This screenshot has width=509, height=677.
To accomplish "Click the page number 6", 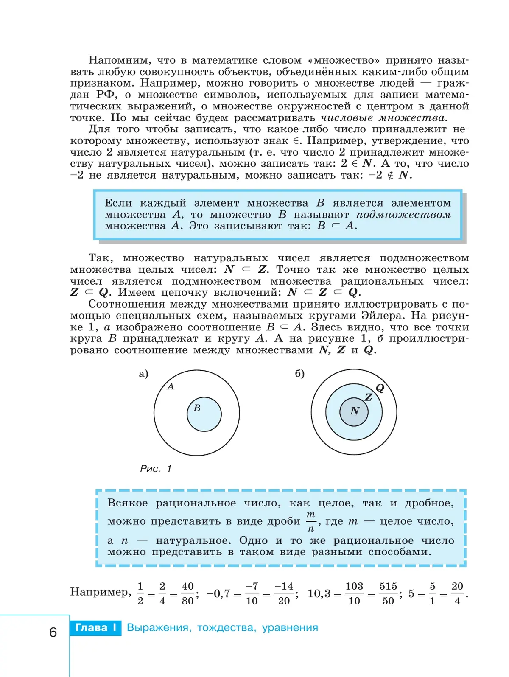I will (x=53, y=632).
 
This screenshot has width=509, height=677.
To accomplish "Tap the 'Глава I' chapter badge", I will (x=95, y=628).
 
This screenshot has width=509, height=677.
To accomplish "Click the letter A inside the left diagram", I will (x=171, y=386).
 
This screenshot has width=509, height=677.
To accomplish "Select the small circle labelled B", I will (x=204, y=414).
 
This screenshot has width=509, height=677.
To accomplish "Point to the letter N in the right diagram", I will (x=355, y=411).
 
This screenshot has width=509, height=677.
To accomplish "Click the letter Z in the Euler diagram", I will (x=368, y=397).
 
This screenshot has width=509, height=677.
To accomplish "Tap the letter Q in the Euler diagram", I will (x=380, y=388).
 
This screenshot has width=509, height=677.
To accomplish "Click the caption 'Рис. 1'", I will (x=156, y=469).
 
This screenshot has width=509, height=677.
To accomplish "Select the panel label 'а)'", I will (x=143, y=374).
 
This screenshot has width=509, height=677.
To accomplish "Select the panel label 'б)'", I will (x=299, y=374).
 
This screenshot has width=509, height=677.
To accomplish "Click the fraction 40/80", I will (x=187, y=593).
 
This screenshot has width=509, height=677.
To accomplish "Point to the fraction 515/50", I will (x=388, y=593).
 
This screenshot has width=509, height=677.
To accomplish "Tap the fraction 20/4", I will (x=457, y=593).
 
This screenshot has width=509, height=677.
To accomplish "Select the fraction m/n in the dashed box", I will (x=311, y=522).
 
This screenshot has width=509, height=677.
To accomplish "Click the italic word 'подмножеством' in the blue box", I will (x=403, y=215).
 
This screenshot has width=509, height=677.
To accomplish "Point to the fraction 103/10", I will (x=354, y=593).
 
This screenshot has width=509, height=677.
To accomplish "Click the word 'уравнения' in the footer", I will (x=290, y=628).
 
